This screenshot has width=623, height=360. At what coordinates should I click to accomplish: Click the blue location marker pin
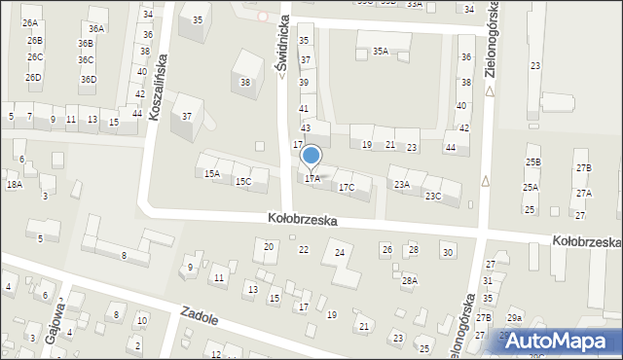pyautogui.click(x=311, y=156)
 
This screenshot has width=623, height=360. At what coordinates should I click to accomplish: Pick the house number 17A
pyautogui.click(x=311, y=178)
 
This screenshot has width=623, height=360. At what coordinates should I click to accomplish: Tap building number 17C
pyautogui.click(x=347, y=186)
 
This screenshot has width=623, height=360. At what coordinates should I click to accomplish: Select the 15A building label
pyautogui.click(x=211, y=174)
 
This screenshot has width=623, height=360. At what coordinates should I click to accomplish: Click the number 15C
pyautogui.click(x=243, y=181)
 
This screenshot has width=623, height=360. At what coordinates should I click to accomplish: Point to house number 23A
pyautogui.click(x=401, y=184)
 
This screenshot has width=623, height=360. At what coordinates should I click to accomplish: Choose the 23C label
pyautogui.click(x=432, y=196)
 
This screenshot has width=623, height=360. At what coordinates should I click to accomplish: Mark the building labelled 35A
pyautogui.click(x=381, y=51)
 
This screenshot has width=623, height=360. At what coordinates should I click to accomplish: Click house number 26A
pyautogui.click(x=30, y=22)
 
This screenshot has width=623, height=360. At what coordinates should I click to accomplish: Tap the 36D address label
pyautogui.click(x=88, y=79)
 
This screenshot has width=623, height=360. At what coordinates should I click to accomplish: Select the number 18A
pyautogui.click(x=14, y=184)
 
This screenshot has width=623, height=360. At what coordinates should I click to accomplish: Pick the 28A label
pyautogui.click(x=410, y=280)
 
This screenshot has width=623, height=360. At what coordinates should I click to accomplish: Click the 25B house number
pyautogui.click(x=532, y=162)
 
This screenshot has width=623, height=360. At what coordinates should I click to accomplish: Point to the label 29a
pyautogui.click(x=513, y=318)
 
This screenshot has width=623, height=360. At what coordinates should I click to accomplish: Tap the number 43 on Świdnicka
pyautogui.click(x=306, y=128)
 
